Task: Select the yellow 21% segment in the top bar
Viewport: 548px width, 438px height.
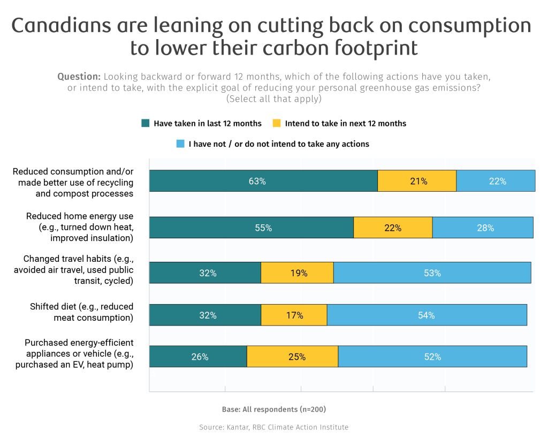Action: pos(417,181)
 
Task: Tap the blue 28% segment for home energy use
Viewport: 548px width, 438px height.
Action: pos(483,228)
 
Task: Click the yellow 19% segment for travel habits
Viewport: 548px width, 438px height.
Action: pos(297,273)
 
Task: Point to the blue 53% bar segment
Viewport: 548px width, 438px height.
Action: pos(432,273)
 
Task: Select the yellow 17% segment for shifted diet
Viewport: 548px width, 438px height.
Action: pos(294,315)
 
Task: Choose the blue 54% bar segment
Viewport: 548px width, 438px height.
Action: pos(427,315)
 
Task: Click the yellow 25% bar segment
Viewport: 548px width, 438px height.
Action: pos(292,357)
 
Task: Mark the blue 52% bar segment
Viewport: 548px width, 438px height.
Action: pos(432,357)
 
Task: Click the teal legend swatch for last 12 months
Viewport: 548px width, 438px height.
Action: pos(145,123)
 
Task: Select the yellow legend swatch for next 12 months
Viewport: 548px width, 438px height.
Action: pos(276,123)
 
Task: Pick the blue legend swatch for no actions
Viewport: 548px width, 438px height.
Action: pos(180,144)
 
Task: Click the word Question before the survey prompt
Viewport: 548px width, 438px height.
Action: pos(79,76)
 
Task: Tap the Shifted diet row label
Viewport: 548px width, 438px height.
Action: pos(81,312)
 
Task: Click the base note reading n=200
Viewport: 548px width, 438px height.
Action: pos(273,409)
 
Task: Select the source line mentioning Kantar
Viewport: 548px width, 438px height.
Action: pos(273,427)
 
